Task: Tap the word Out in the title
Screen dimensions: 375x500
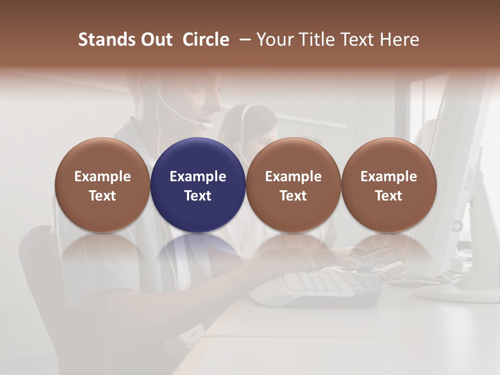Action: (155, 40)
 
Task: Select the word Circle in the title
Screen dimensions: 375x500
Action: (206, 40)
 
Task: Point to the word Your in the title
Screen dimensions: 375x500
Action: (274, 40)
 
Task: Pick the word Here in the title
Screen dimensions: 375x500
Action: (399, 40)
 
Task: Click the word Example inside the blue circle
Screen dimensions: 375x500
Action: (198, 177)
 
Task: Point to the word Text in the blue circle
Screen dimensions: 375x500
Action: (198, 196)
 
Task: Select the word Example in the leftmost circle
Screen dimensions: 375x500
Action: (103, 177)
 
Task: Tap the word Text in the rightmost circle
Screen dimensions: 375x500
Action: (389, 196)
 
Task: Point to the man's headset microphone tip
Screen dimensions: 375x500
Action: (208, 126)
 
